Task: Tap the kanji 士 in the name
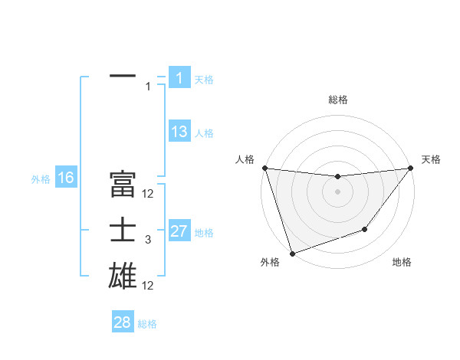[123, 231]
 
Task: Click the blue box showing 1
[179, 77]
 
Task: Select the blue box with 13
[179, 132]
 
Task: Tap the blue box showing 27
[179, 231]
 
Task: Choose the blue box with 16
[65, 178]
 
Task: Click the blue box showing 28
[122, 322]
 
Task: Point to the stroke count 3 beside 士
[148, 240]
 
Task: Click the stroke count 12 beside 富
[148, 194]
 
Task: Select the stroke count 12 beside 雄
[148, 286]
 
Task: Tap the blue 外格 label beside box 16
[41, 179]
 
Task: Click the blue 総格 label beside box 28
[147, 324]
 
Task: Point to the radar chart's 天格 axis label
[431, 159]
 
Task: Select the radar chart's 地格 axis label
[402, 262]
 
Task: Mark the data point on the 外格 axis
[292, 253]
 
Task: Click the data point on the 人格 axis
[264, 168]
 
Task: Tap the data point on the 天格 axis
[409, 168]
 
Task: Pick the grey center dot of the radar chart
[337, 191]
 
